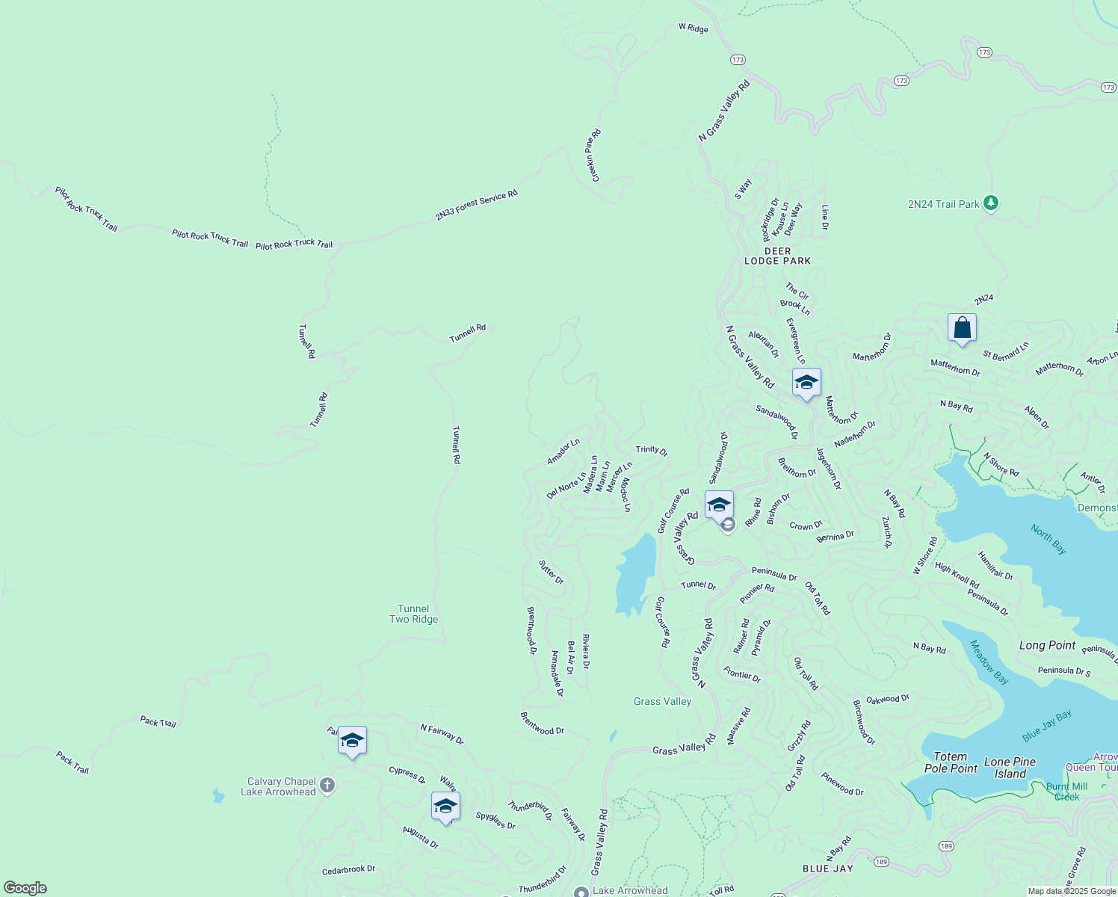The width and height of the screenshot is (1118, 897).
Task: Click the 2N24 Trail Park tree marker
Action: pyautogui.click(x=991, y=203)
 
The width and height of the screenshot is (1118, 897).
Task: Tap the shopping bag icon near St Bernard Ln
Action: pyautogui.click(x=962, y=328)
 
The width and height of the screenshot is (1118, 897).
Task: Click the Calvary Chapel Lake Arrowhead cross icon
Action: pyautogui.click(x=327, y=786)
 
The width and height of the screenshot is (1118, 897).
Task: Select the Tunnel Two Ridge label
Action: pyautogui.click(x=414, y=614)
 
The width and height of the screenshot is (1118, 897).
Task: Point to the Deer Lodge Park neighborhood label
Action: pyautogui.click(x=777, y=256)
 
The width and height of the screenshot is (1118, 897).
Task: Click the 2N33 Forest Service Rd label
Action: pyautogui.click(x=476, y=206)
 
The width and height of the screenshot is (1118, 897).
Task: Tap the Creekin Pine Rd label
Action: pyautogui.click(x=592, y=155)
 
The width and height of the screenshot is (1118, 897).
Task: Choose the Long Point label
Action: pyautogui.click(x=1047, y=645)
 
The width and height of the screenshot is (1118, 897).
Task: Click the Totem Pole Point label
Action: pyautogui.click(x=951, y=762)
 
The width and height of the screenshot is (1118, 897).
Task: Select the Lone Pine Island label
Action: pyautogui.click(x=1010, y=768)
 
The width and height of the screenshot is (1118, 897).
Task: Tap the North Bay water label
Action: pyautogui.click(x=1048, y=539)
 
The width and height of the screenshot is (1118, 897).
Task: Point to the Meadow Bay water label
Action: pyautogui.click(x=989, y=662)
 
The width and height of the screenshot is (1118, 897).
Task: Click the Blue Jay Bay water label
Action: pyautogui.click(x=1047, y=726)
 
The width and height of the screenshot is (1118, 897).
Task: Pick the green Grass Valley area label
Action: pyautogui.click(x=662, y=701)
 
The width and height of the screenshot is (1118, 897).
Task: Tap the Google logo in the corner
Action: pyautogui.click(x=25, y=888)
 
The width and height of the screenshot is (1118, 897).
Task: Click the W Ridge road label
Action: pyautogui.click(x=693, y=28)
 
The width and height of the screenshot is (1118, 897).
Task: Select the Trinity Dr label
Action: pyautogui.click(x=652, y=450)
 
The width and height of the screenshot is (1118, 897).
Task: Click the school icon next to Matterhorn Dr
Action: pyautogui.click(x=806, y=383)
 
